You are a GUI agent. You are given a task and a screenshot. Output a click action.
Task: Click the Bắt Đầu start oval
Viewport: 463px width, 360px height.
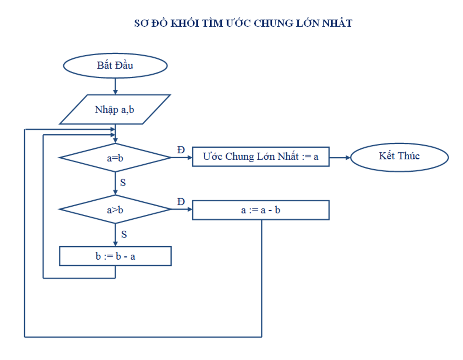click(115, 66)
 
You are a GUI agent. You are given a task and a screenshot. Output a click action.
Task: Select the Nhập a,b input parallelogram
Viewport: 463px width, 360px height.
click(115, 109)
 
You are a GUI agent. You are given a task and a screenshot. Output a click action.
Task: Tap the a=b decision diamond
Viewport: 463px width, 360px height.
click(115, 158)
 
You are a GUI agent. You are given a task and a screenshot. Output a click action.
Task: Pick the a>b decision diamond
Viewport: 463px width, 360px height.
click(115, 209)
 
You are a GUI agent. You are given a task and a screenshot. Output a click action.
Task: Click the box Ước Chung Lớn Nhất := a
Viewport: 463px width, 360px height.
click(260, 157)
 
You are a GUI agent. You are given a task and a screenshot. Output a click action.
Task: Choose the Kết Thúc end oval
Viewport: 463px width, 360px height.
click(399, 156)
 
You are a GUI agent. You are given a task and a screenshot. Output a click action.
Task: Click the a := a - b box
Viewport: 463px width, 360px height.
click(260, 210)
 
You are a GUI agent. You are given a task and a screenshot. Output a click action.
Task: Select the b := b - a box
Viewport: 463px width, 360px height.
click(115, 256)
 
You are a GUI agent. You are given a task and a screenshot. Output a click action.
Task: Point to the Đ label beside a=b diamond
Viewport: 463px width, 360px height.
click(181, 150)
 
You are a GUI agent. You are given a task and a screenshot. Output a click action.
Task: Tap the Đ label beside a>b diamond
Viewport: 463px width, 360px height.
click(181, 202)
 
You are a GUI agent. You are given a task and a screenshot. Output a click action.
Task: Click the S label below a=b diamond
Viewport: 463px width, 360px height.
click(123, 183)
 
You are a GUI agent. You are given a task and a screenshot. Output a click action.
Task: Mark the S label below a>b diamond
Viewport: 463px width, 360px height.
click(123, 234)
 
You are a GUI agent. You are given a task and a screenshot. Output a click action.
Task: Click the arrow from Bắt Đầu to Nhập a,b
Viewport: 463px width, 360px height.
click(115, 86)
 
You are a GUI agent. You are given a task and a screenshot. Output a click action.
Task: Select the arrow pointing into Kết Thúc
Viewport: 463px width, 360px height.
click(340, 157)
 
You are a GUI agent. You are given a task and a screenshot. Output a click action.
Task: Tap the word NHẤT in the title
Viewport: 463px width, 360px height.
click(337, 24)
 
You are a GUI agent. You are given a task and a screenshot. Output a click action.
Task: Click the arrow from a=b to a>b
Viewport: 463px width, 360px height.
click(115, 183)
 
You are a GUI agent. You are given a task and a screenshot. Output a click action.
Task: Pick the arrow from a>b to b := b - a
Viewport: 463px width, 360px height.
click(115, 235)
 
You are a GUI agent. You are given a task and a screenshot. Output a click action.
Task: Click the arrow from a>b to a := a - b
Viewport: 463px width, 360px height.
click(182, 209)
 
